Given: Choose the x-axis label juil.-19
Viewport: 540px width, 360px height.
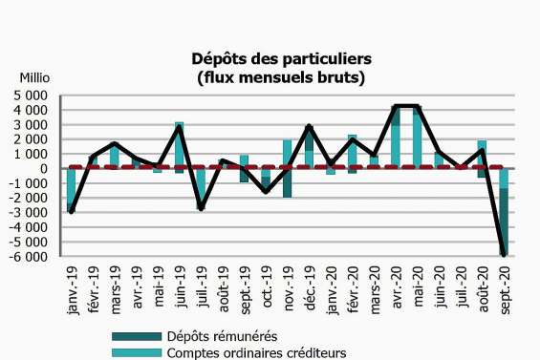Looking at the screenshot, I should (x=201, y=291).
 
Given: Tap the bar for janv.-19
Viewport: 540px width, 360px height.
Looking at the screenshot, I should (x=72, y=189).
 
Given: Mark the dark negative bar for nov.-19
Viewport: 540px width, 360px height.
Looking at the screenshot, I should (x=286, y=183).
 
